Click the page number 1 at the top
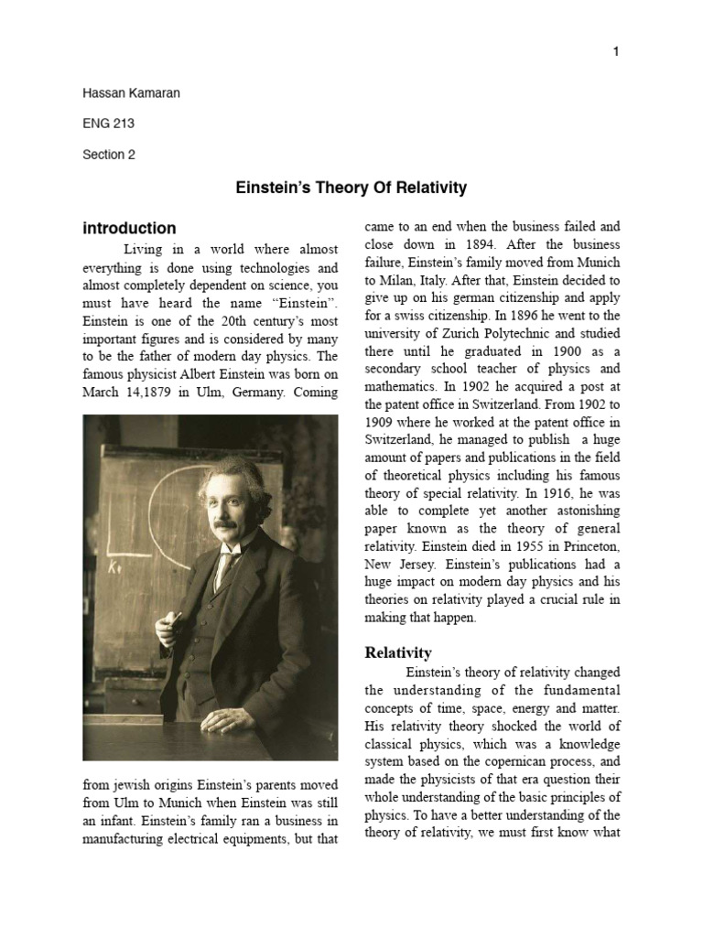coord(616,52)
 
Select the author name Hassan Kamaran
coord(131,93)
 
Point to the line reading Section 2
coord(109,155)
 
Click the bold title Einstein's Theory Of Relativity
coord(351,188)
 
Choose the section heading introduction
coord(129,229)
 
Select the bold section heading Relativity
coord(398,652)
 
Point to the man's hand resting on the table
coord(224,721)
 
